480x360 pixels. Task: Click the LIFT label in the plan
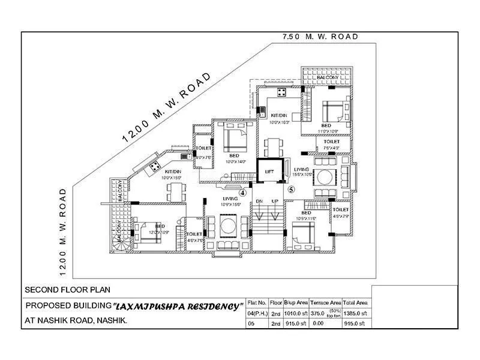pos(269,172)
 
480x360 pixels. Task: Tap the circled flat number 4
pos(243,193)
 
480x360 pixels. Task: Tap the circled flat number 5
pos(291,189)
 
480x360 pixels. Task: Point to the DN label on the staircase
pos(259,201)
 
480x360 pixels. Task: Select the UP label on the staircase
pos(275,201)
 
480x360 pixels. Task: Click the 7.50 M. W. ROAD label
pos(320,37)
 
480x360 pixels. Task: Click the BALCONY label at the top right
pos(328,77)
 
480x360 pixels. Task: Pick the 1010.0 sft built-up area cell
pos(296,313)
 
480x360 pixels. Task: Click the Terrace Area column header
pos(326,303)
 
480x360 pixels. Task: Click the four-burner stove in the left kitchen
pos(154,164)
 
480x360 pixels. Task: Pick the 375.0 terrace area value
pos(323,313)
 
